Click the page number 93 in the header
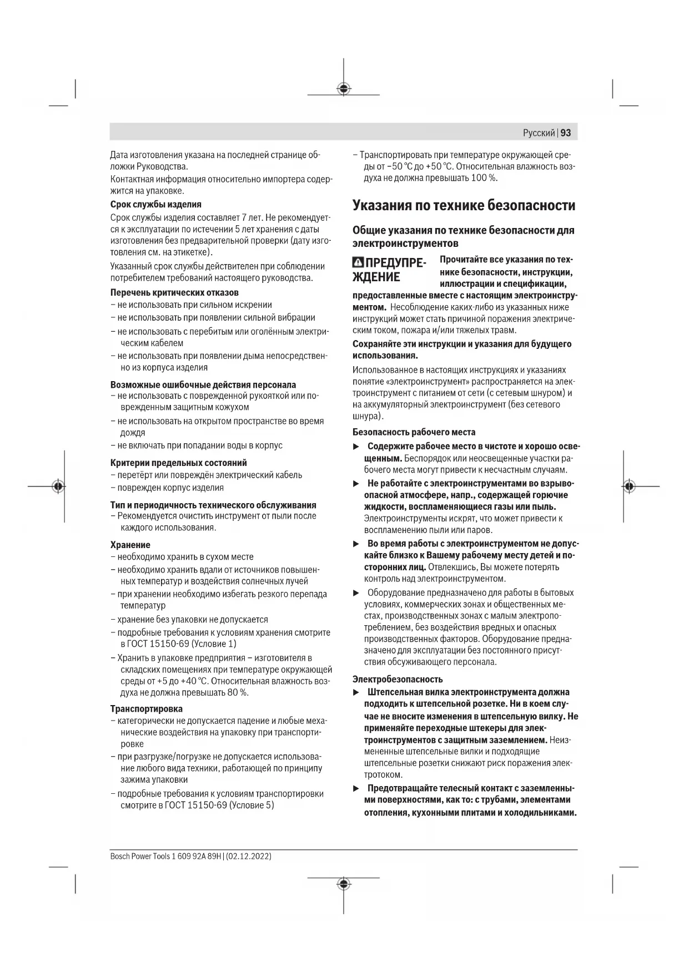tap(566, 133)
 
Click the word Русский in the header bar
tap(539, 133)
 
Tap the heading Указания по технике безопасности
tap(464, 205)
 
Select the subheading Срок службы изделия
tap(155, 204)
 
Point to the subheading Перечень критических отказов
tap(174, 292)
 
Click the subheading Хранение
tap(130, 545)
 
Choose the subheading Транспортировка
tap(146, 708)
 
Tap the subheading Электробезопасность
tap(398, 679)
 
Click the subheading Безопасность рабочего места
tap(414, 432)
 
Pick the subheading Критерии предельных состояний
tap(178, 463)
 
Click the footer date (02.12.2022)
tap(249, 856)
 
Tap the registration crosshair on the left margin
tap(58, 486)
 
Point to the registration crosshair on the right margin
tap(628, 486)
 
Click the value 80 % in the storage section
tap(237, 692)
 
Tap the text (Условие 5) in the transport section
tap(252, 805)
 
